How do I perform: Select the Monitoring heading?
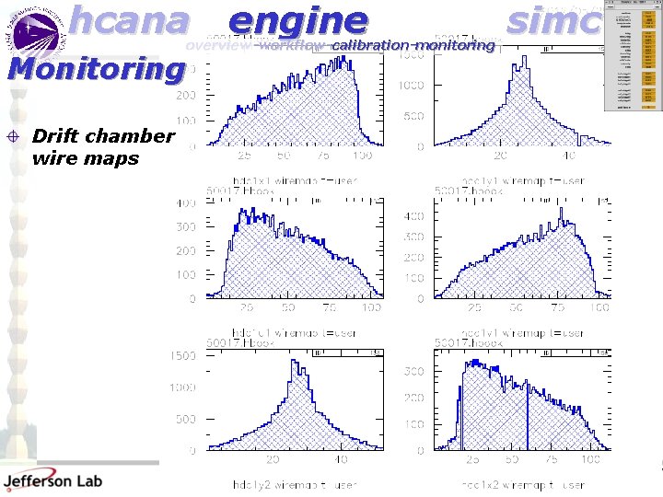(x=95, y=69)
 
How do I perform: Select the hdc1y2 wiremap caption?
(x=280, y=484)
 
